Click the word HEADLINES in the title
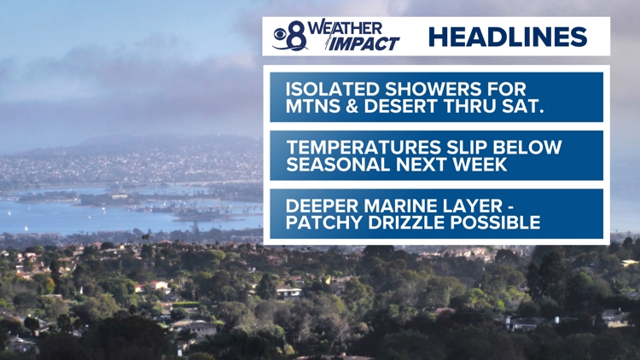[x=508, y=37]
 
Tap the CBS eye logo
[x=280, y=34]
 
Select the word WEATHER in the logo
[x=345, y=28]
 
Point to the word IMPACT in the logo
[x=364, y=44]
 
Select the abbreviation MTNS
[x=311, y=106]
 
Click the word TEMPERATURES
[x=364, y=148]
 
